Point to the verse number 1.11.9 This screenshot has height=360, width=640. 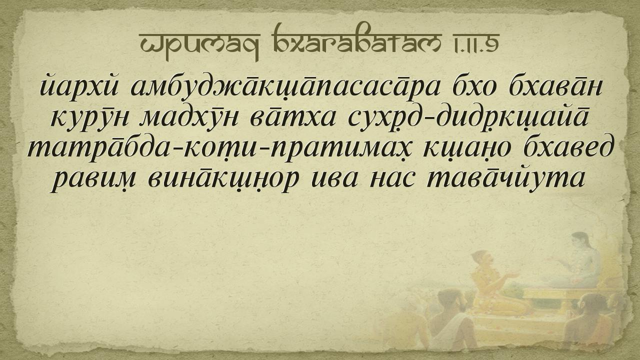(474, 43)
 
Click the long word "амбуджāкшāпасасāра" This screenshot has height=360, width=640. (285, 86)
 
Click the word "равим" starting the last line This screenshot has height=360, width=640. (92, 180)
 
